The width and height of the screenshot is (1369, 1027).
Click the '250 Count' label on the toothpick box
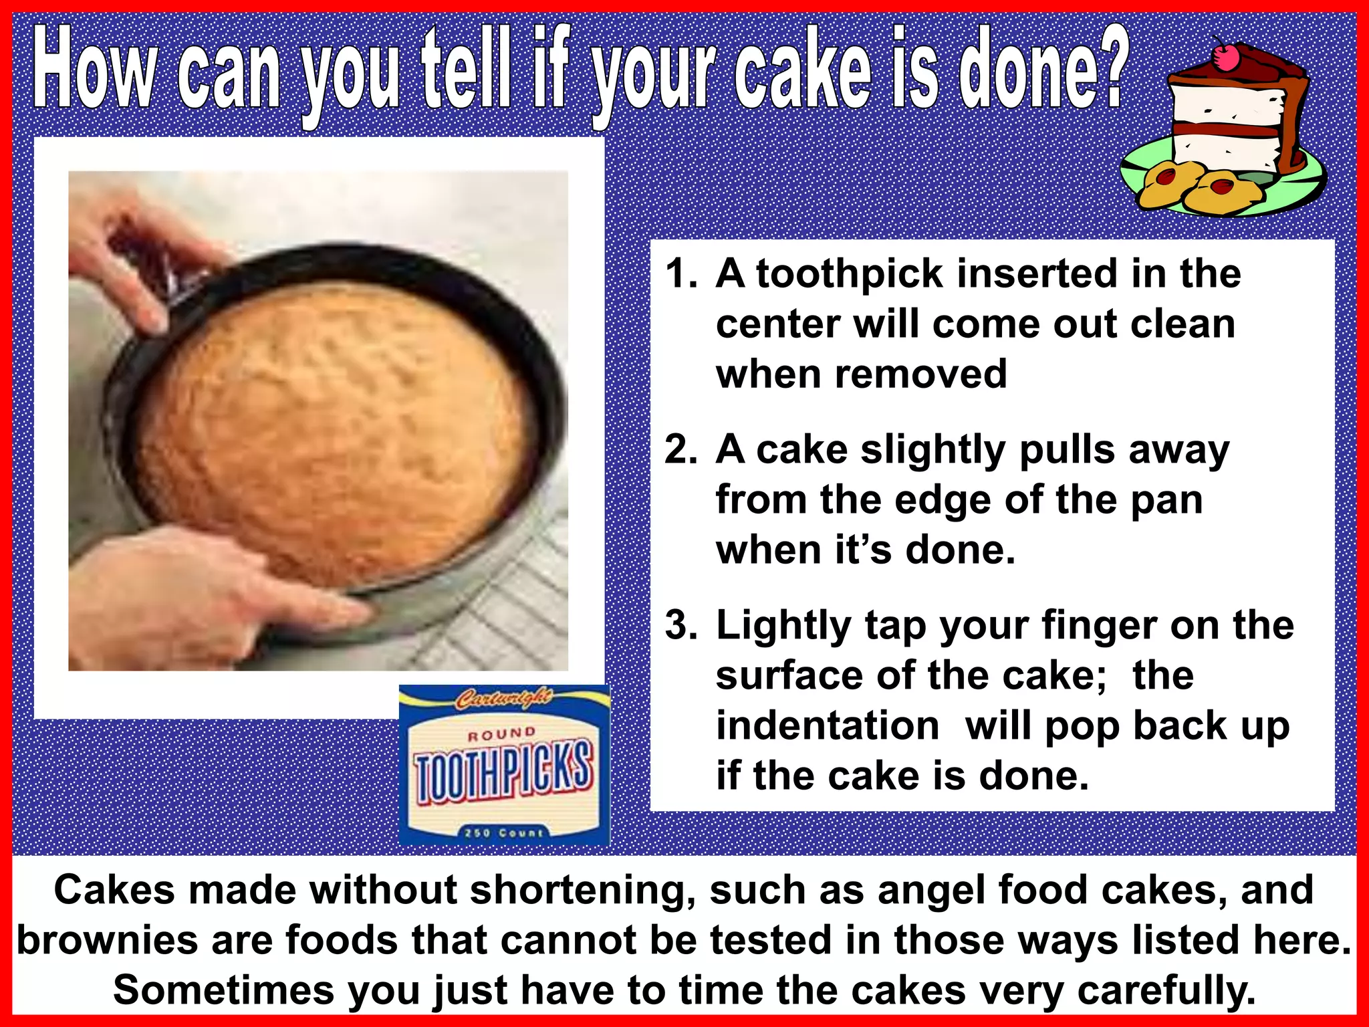(x=504, y=832)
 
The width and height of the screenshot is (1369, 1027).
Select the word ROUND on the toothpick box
(x=502, y=734)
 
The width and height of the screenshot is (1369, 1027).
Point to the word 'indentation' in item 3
(x=828, y=725)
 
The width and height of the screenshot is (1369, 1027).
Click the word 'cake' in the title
(x=802, y=70)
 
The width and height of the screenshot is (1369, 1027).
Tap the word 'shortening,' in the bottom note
(x=583, y=891)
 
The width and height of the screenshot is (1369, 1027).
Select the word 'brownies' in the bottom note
(x=108, y=940)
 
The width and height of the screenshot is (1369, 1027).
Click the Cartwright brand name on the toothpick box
(x=503, y=699)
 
